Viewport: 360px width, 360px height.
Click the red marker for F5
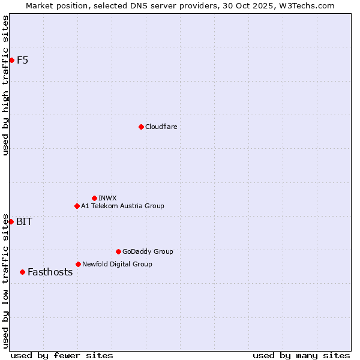click(x=11, y=60)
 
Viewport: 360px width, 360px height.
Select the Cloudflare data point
click(x=141, y=127)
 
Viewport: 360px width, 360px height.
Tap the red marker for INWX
click(x=94, y=198)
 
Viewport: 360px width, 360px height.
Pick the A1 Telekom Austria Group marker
click(x=77, y=206)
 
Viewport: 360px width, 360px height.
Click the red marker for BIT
click(x=11, y=221)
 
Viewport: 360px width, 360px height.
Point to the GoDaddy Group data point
click(x=118, y=251)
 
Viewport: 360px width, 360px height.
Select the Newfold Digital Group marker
click(x=78, y=264)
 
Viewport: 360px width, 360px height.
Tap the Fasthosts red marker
click(x=23, y=272)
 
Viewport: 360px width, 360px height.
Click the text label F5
click(x=22, y=60)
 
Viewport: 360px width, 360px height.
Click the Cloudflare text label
click(x=161, y=127)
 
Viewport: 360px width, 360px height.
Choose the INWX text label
click(x=107, y=198)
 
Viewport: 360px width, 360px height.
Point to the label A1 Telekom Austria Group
click(x=122, y=206)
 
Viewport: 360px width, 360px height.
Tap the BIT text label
click(x=24, y=221)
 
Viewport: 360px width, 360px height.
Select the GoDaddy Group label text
click(x=148, y=251)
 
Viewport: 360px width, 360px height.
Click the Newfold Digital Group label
click(x=117, y=264)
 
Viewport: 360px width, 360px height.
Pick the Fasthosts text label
click(x=50, y=272)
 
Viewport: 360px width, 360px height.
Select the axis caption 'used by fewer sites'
click(x=62, y=355)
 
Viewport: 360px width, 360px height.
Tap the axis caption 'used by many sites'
click(x=301, y=355)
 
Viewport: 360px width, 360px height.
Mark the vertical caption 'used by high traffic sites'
click(x=5, y=85)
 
